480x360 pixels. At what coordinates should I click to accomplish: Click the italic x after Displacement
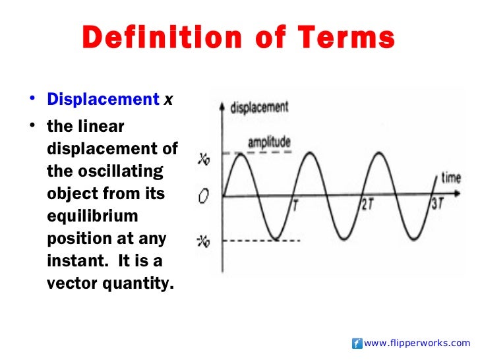(169, 100)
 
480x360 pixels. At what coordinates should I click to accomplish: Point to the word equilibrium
(92, 218)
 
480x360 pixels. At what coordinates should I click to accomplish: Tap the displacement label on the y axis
(259, 107)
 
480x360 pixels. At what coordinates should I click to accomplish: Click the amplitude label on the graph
(269, 142)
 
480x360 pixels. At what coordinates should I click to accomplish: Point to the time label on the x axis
(450, 178)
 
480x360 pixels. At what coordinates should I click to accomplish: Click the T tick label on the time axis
(295, 205)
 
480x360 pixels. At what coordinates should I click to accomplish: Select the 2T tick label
(367, 205)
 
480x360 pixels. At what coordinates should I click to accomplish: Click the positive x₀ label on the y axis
(204, 158)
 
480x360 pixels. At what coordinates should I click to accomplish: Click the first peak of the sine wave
(241, 153)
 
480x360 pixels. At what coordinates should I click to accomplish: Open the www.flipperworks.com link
(417, 343)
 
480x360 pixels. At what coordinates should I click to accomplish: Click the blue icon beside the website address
(357, 343)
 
